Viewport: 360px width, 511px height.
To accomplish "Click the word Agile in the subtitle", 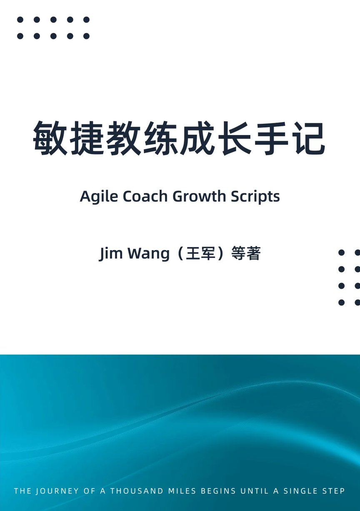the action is [99, 197].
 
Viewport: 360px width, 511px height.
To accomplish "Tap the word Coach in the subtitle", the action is [145, 196].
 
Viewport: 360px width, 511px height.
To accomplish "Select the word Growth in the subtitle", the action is [199, 196].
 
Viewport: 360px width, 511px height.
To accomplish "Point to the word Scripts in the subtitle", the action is [255, 197].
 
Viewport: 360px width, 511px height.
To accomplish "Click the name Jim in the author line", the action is [110, 254].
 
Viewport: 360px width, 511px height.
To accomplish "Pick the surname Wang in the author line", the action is [148, 254].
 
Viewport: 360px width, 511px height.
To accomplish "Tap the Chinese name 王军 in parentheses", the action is [201, 253].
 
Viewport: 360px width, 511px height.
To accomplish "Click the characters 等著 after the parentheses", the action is [246, 253].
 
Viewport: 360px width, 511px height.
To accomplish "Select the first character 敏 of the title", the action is [50, 138].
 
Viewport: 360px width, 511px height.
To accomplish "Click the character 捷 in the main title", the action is [87, 138].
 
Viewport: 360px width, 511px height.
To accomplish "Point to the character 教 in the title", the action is [124, 138].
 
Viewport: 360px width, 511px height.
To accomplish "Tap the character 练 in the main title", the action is [160, 138].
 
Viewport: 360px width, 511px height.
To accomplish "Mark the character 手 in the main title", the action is [271, 138].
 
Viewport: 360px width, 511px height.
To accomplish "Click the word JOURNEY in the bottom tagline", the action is [57, 491].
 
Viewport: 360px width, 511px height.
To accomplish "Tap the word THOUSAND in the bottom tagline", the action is [137, 491].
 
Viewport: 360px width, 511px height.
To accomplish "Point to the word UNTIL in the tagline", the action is [255, 491].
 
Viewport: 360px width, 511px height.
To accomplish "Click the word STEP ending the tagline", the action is [334, 491].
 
